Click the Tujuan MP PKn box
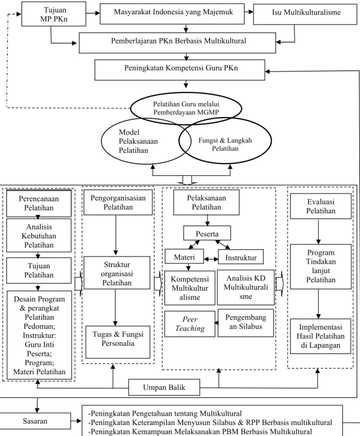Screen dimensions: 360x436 (54, 14)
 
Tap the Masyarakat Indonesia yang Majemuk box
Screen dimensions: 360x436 (172, 14)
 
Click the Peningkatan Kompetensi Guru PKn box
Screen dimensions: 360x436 (179, 70)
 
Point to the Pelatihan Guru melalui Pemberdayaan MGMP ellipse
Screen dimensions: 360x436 (186, 108)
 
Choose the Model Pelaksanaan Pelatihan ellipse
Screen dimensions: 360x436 (146, 141)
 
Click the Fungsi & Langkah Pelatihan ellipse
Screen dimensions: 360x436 (225, 141)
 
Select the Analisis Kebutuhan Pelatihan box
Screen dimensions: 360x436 (39, 235)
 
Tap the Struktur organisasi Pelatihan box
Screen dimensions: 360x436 (117, 273)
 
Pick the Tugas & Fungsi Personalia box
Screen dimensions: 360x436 (118, 342)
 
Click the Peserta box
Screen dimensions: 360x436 (207, 233)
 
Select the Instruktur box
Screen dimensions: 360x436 (241, 257)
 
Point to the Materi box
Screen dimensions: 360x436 (184, 256)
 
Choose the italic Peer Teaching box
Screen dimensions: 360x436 (190, 324)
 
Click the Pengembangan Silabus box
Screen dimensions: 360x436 (246, 323)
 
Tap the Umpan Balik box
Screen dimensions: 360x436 (164, 387)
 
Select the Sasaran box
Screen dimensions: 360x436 (35, 421)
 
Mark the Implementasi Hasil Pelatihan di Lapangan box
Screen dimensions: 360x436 (320, 336)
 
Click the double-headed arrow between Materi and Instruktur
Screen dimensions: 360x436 (211, 259)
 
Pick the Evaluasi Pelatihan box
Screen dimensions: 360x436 (321, 206)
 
